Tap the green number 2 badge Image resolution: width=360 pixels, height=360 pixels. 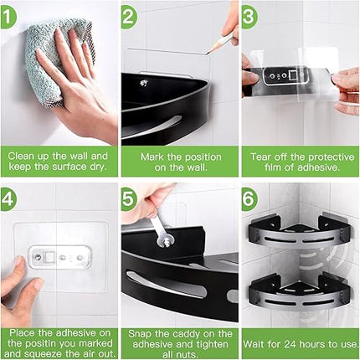pyautogui.click(x=129, y=15)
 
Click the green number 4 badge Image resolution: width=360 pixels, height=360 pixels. pyautogui.click(x=9, y=198)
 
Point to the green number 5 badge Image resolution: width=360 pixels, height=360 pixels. pyautogui.click(x=129, y=199)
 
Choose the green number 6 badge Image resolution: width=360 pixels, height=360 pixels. pyautogui.click(x=249, y=199)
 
